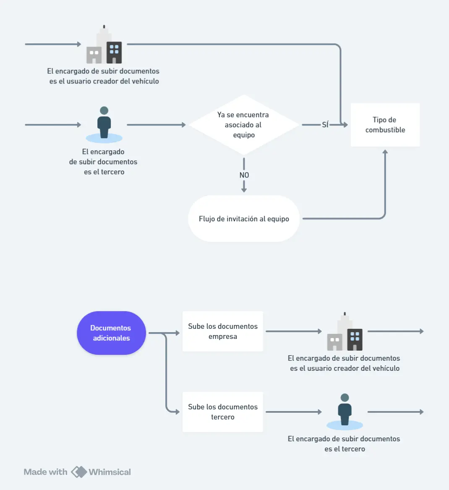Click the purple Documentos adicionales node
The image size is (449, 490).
point(111,333)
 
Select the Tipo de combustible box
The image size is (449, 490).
point(385,125)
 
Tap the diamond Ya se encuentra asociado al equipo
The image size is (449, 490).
point(243,125)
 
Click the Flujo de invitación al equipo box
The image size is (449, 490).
point(244,219)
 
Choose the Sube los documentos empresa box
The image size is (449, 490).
point(222,331)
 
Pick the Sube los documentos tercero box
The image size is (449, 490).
point(222,412)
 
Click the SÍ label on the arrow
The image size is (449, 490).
point(325,125)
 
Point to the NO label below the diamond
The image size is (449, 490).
point(244,175)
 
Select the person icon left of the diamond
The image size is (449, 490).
point(104,124)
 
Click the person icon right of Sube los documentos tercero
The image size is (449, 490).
point(345,411)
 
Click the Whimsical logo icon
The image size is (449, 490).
point(78,472)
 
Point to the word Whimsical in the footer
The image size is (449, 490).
point(110,472)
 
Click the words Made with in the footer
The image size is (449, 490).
point(45,472)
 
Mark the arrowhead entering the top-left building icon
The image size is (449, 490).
point(79,44)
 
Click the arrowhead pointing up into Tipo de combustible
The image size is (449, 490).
point(385,152)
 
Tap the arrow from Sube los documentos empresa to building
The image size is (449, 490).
point(293,331)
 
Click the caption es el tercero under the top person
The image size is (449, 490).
point(104,172)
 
